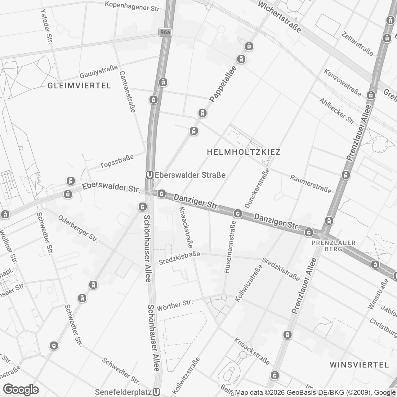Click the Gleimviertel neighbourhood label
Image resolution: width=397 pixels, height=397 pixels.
click(x=79, y=86)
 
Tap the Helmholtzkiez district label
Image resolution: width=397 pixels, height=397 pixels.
click(x=243, y=152)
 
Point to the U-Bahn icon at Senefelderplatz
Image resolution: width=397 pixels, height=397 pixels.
click(x=157, y=392)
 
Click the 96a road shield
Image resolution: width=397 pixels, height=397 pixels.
click(x=165, y=32)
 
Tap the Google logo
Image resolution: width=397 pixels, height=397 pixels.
click(x=21, y=389)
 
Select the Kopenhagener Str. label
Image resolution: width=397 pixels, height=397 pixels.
click(x=133, y=6)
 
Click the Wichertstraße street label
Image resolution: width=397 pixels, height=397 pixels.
click(x=279, y=17)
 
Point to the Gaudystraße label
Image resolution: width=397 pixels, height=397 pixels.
click(x=99, y=72)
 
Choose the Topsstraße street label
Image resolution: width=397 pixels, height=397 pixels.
click(x=117, y=161)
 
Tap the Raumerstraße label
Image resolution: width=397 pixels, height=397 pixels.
click(x=310, y=184)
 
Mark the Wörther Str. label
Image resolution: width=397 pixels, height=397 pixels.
click(x=175, y=305)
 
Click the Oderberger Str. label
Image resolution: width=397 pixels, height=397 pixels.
click(x=78, y=229)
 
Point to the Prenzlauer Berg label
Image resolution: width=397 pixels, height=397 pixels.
click(x=333, y=246)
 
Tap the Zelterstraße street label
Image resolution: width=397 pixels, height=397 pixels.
click(x=357, y=43)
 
